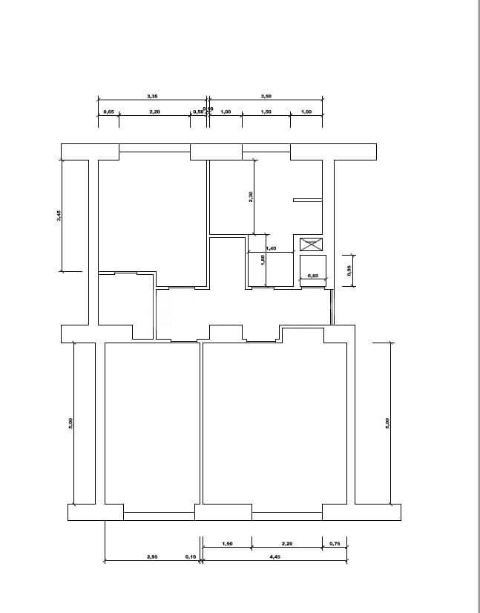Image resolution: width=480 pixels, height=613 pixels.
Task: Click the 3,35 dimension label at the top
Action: (x=152, y=96)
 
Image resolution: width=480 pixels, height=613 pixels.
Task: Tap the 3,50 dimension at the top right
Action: (x=266, y=96)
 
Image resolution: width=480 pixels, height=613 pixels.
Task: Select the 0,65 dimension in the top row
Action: (x=108, y=111)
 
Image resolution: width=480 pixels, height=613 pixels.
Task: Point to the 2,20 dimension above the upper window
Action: (x=155, y=111)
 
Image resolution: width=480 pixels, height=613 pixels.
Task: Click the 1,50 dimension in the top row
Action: (x=266, y=111)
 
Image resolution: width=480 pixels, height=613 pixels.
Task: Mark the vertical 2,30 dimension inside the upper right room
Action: (x=251, y=197)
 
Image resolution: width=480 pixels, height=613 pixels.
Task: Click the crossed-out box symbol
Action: (x=311, y=244)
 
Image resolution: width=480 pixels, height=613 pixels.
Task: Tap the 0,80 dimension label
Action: (x=312, y=276)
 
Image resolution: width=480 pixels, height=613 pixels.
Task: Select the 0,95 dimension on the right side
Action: (x=349, y=270)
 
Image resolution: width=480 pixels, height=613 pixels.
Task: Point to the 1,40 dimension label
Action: (x=271, y=248)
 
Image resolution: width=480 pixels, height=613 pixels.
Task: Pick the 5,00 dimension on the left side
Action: (x=70, y=422)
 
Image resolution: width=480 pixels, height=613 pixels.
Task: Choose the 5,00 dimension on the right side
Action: (x=387, y=422)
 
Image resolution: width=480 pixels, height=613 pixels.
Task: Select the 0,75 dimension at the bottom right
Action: (x=334, y=544)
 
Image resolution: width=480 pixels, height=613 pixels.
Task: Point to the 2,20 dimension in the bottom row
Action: (x=286, y=544)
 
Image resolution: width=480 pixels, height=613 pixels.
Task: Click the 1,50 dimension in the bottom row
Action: (x=227, y=544)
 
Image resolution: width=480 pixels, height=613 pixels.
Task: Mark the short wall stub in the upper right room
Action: (x=307, y=199)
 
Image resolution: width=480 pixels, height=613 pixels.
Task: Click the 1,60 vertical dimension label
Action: (x=263, y=259)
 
